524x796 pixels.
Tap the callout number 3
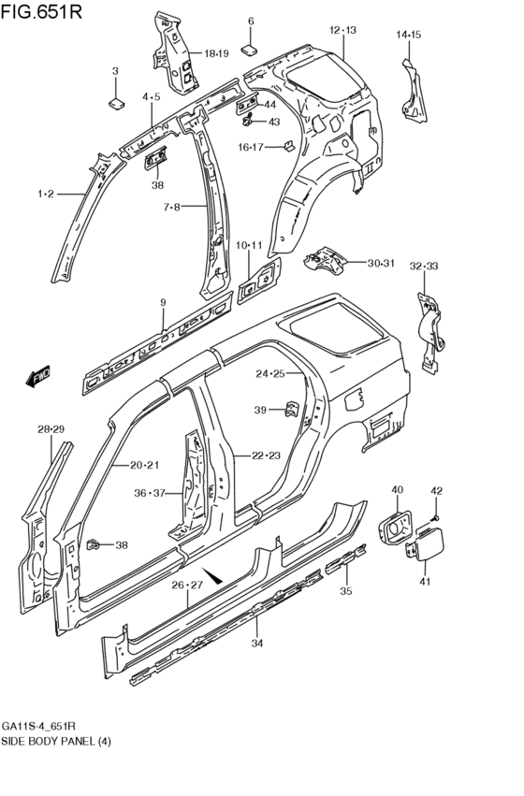tap(115, 71)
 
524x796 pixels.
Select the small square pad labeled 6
tap(250, 47)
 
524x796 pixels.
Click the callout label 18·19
tap(216, 53)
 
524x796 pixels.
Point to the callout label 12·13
tap(342, 31)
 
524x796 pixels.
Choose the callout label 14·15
tap(409, 36)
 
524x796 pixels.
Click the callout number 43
tap(274, 122)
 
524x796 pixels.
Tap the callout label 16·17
tap(251, 147)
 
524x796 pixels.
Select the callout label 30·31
tap(381, 263)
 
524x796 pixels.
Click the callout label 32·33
tap(424, 268)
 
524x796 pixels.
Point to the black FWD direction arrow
tap(36, 379)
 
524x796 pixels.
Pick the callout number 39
tap(261, 410)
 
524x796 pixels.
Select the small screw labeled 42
tap(436, 517)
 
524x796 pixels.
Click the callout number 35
tap(345, 590)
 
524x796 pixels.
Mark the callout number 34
tap(256, 642)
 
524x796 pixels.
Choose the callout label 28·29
tap(51, 428)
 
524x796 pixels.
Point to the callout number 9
tap(163, 302)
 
